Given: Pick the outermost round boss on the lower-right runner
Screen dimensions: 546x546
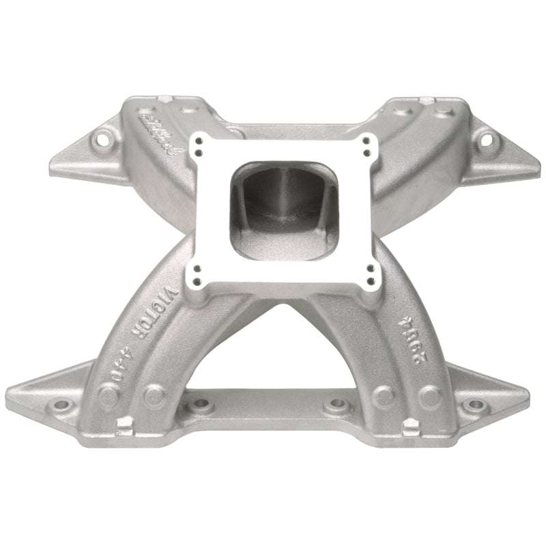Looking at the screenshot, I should (x=429, y=394).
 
